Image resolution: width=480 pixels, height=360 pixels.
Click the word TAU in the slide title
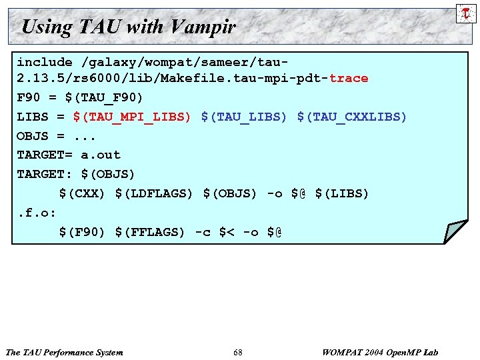[x=99, y=27]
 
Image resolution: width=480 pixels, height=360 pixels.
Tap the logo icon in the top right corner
[x=465, y=13]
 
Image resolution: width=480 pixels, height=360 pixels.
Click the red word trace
[x=349, y=78]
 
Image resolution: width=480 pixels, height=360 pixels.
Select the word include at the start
[x=45, y=61]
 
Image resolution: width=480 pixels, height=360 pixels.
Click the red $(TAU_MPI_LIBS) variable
[x=132, y=117]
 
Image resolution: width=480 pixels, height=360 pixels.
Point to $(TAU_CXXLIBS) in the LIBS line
[x=352, y=117]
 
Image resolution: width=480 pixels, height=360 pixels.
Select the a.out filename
[x=101, y=155]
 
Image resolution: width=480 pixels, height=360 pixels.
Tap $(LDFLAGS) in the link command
[x=154, y=193]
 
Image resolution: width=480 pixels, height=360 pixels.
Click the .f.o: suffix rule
[x=37, y=213]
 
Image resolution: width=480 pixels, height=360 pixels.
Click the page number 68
[x=238, y=352]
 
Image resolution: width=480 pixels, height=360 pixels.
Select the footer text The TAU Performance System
[x=64, y=352]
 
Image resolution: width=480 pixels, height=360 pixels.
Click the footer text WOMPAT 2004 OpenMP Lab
[x=380, y=352]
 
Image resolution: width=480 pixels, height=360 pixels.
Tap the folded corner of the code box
[x=455, y=231]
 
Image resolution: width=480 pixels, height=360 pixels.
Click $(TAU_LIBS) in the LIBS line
[x=244, y=117]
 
